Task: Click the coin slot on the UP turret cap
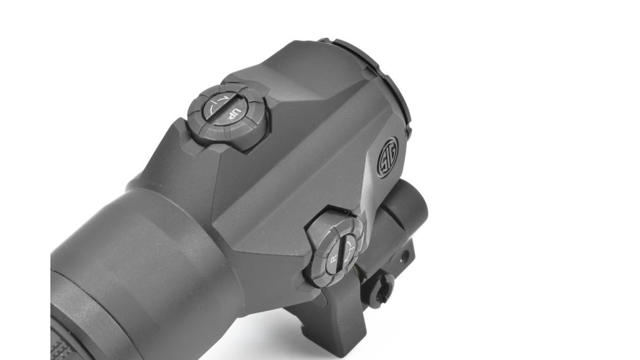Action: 226,108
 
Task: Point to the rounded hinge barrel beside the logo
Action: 409,209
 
